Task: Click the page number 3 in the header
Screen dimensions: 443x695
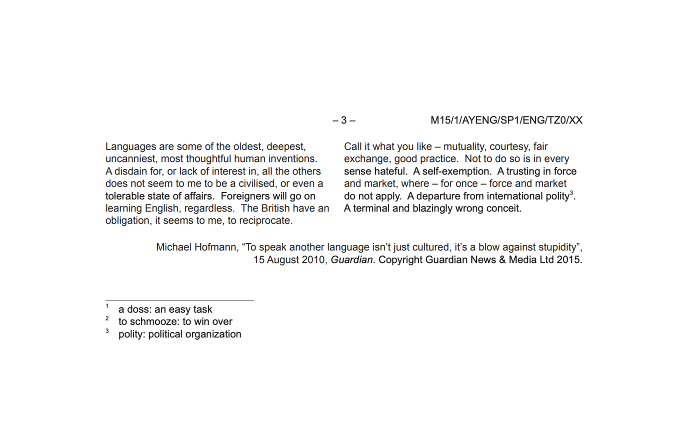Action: pyautogui.click(x=344, y=120)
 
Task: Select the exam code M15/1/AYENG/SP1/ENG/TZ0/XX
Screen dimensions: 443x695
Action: pyautogui.click(x=506, y=120)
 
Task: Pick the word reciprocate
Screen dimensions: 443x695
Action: pyautogui.click(x=266, y=221)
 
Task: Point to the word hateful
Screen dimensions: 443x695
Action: pyautogui.click(x=390, y=171)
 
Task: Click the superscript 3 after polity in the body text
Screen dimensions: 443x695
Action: pyautogui.click(x=571, y=193)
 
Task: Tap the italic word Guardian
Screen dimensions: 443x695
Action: pyautogui.click(x=351, y=260)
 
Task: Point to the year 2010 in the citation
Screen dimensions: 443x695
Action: pyautogui.click(x=313, y=260)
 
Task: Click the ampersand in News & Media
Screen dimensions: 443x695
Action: pyautogui.click(x=502, y=260)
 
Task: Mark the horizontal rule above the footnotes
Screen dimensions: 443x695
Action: pyautogui.click(x=179, y=300)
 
